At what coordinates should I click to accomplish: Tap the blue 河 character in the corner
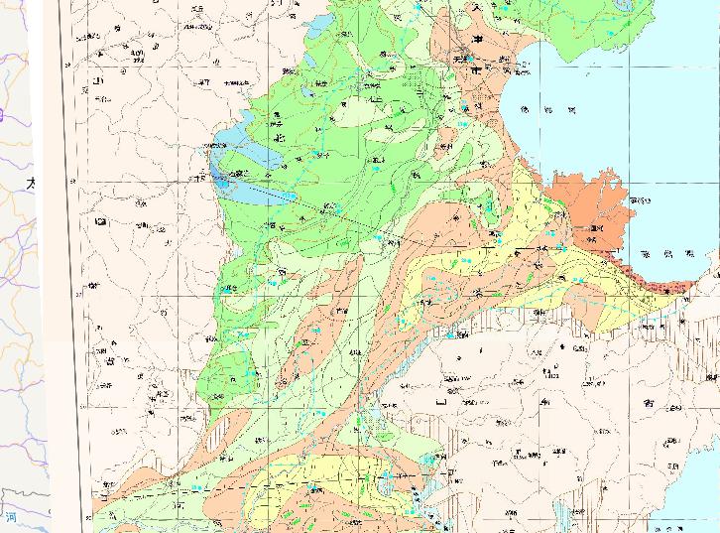click(10, 517)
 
